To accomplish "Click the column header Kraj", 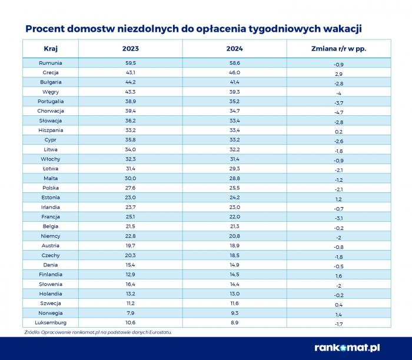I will coord(51,48).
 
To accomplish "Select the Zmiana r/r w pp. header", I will coord(338,48).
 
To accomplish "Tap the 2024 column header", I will coord(234,48).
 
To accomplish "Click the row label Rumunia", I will coord(51,63).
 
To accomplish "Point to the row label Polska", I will coord(51,188).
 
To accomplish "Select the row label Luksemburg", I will coord(51,322).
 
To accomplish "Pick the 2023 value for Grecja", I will coord(130,72).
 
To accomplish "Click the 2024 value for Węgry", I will coord(234,92).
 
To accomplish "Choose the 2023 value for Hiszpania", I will coord(130,130).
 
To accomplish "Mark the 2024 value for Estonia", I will coord(234,197).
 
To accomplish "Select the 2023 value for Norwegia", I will coord(130,313).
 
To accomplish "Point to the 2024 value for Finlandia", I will coord(234,274).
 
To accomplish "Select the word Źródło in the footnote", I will coord(32,332).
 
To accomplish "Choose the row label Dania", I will coord(51,265).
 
